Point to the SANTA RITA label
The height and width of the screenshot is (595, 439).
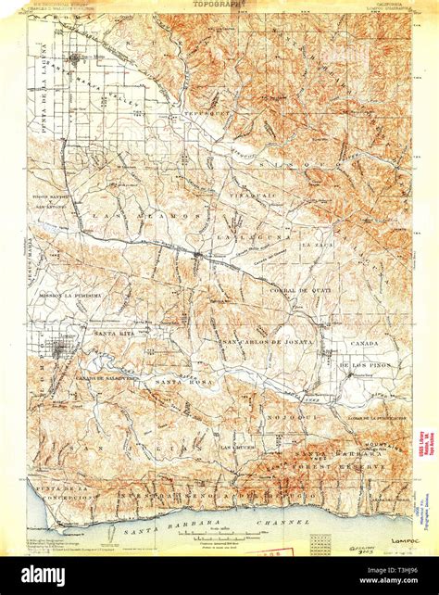pos(113,332)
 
